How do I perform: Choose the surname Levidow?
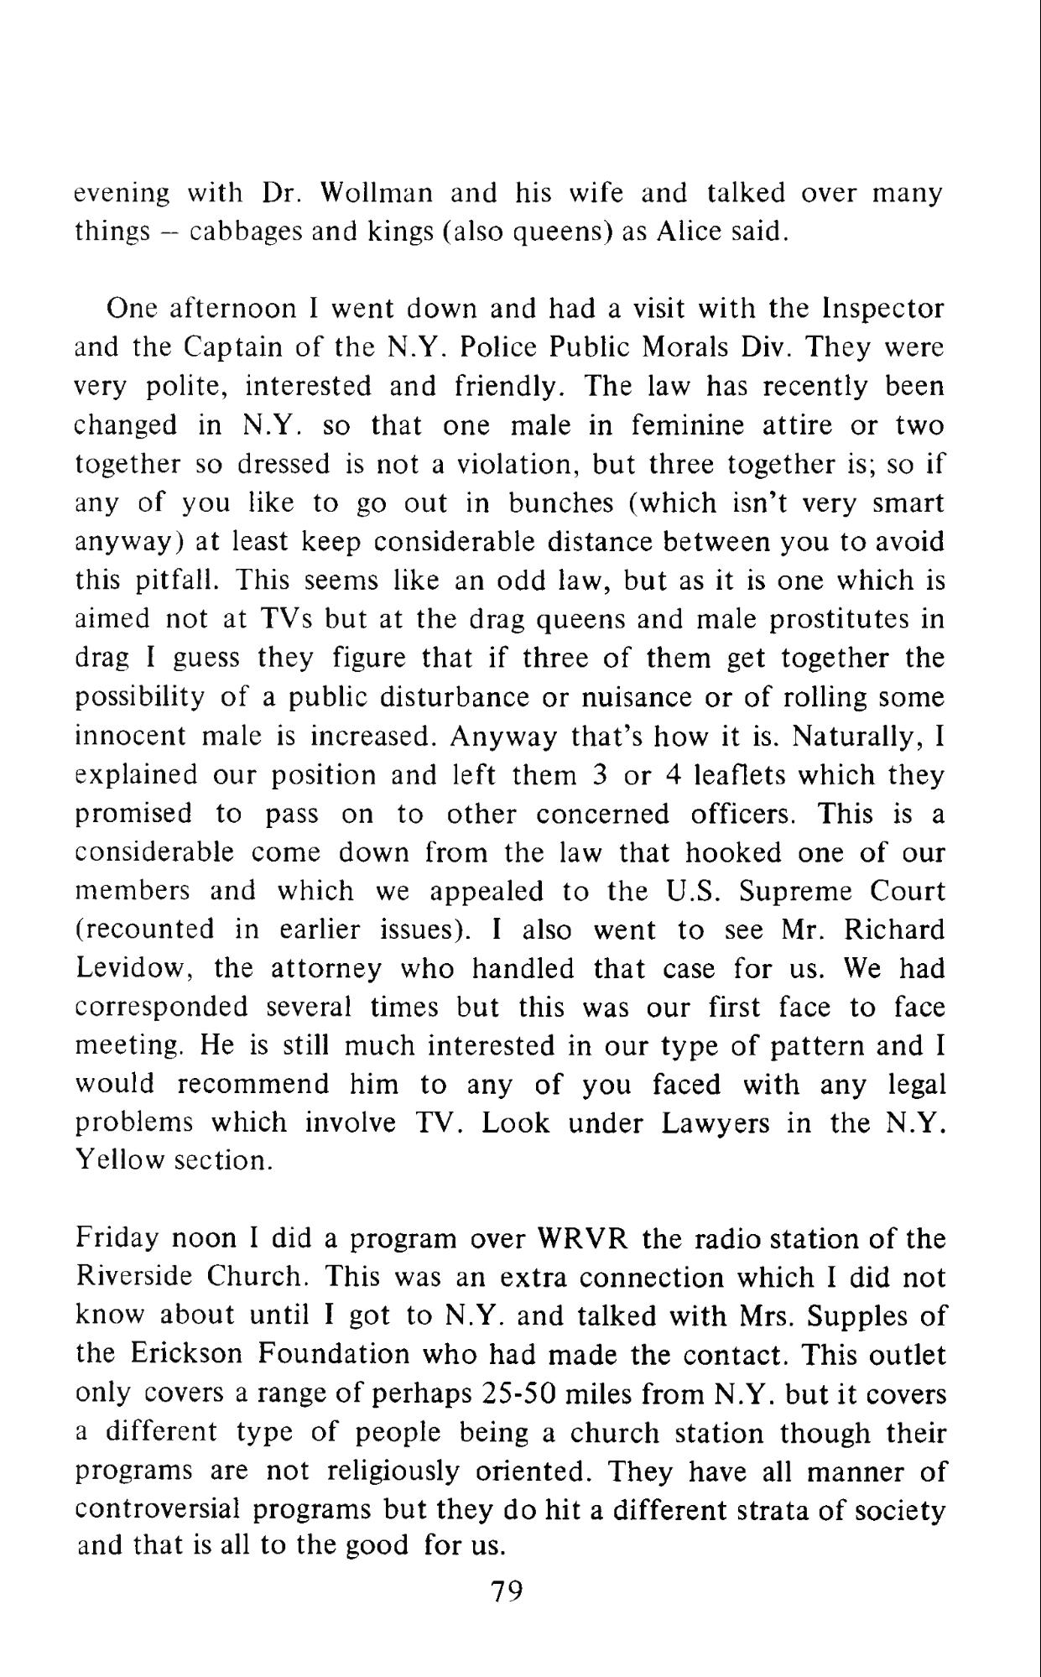[x=135, y=969]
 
